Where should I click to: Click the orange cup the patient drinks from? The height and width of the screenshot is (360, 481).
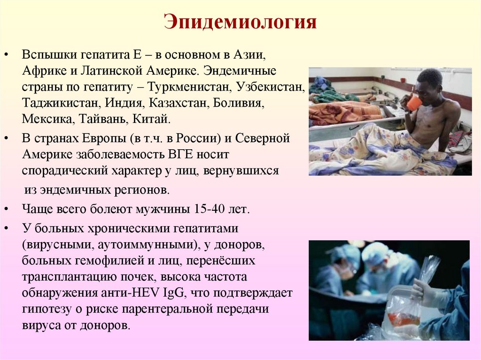coord(414,103)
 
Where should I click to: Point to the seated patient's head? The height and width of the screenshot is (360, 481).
coord(428,81)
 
